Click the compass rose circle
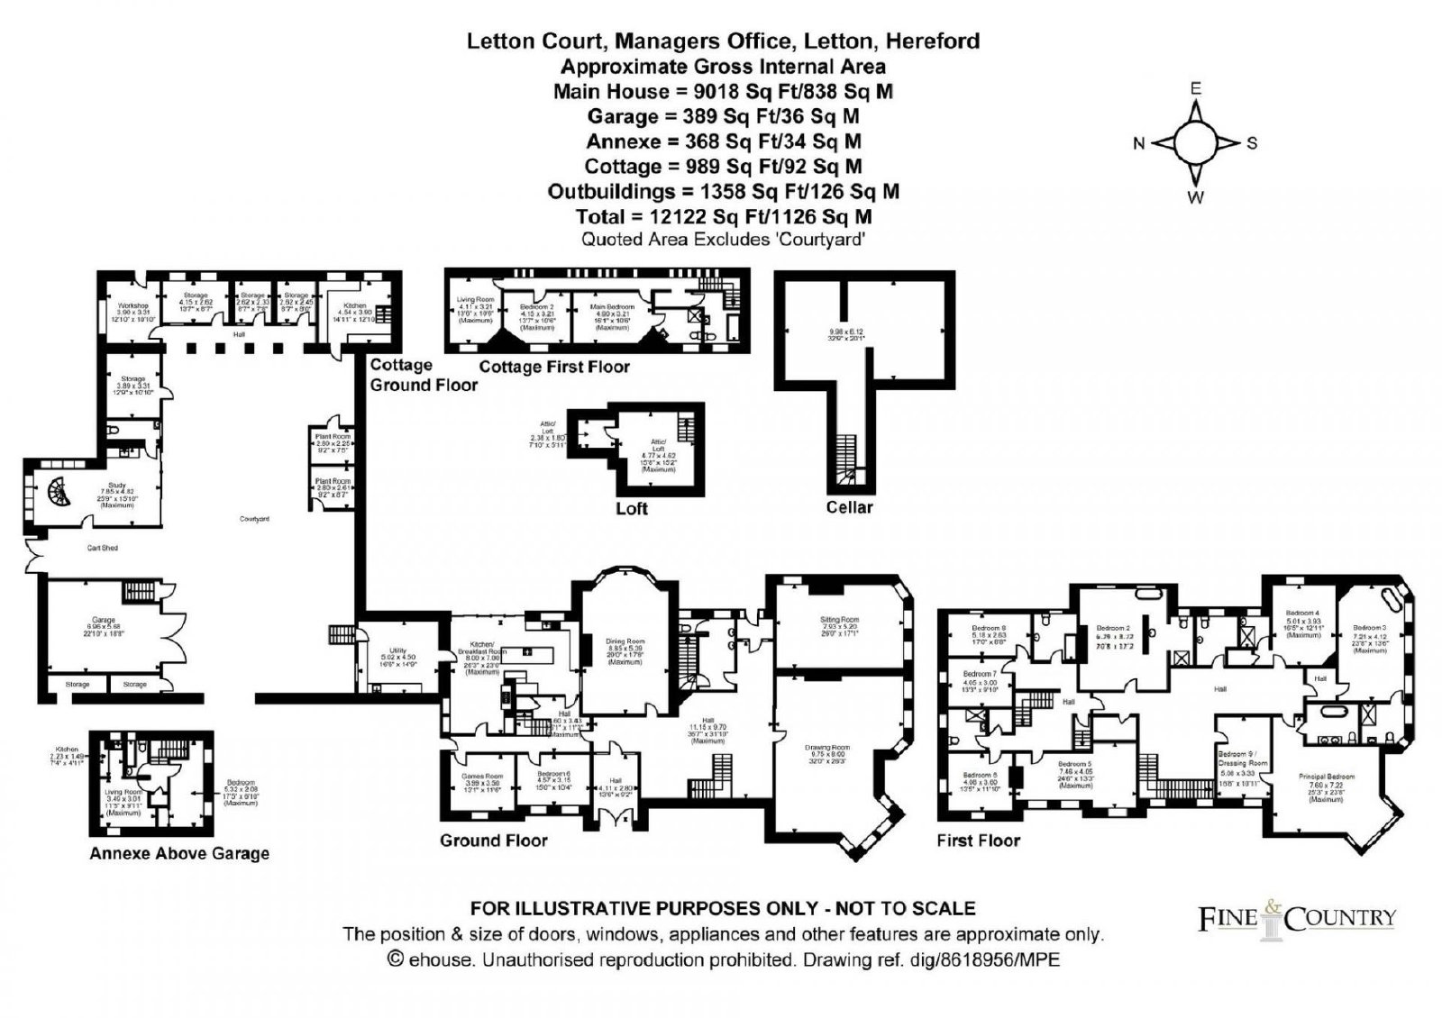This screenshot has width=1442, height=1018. tap(1195, 143)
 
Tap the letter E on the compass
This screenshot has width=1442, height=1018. tap(1196, 88)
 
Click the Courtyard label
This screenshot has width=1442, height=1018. tap(254, 520)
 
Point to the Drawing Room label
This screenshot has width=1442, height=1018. tap(826, 747)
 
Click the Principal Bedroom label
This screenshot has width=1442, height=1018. tap(1327, 777)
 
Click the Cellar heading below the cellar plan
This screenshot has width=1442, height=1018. tap(849, 507)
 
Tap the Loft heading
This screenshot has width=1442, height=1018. tap(631, 509)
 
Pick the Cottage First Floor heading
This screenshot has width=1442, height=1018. tap(554, 367)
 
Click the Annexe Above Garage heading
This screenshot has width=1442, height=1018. tap(179, 853)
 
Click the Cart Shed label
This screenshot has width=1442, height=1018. tap(103, 548)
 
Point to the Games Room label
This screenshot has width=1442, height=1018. tap(481, 776)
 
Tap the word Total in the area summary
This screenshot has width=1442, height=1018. tap(601, 216)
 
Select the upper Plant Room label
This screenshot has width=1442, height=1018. tap(333, 436)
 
